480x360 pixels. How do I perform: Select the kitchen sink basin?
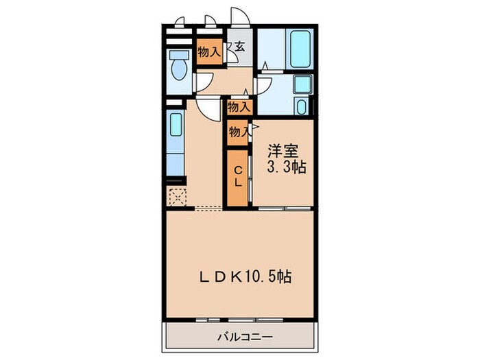point(176,127)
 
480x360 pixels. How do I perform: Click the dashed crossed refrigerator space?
point(177,197)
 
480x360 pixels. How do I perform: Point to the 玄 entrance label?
point(240,47)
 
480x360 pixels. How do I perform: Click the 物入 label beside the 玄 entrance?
point(208,51)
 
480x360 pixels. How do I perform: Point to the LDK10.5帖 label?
point(245,276)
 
